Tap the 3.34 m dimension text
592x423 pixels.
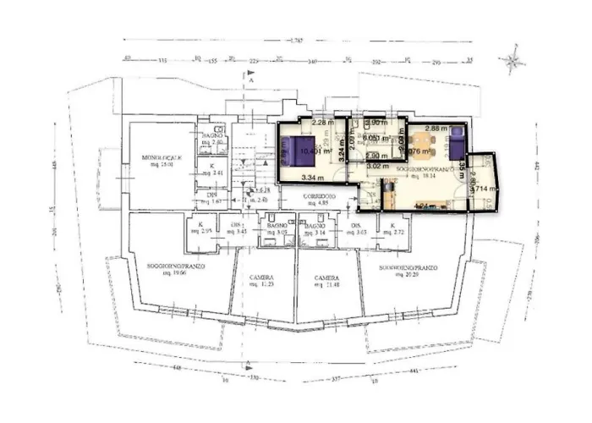[x=315, y=178]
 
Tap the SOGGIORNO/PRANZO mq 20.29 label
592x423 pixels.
[x=407, y=271]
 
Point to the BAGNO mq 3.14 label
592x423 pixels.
[x=315, y=228]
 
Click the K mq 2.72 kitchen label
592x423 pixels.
[x=392, y=228]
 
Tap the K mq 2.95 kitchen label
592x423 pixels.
[x=206, y=228]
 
